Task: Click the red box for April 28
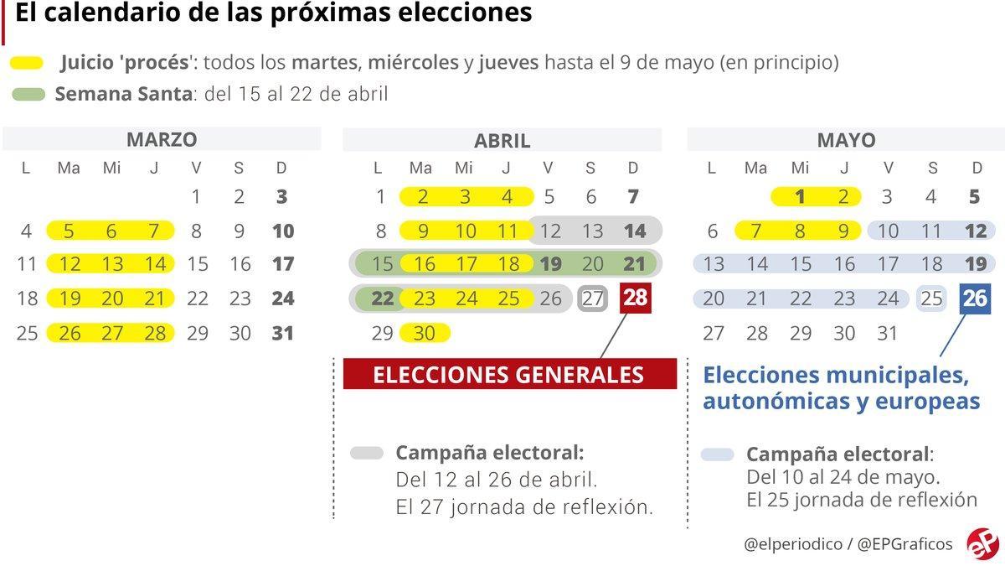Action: click(x=635, y=299)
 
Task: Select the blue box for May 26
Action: click(x=976, y=299)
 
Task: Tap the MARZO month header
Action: click(x=162, y=139)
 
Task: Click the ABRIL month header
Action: click(x=502, y=140)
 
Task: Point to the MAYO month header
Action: click(x=846, y=140)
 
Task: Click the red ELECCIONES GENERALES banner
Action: click(x=509, y=374)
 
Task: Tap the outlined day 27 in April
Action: click(x=592, y=299)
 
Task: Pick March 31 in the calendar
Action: click(x=283, y=333)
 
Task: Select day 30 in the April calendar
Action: click(x=425, y=333)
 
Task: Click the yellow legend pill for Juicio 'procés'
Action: click(x=28, y=63)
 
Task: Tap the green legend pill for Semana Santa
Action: click(x=28, y=93)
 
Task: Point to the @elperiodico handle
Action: click(x=793, y=543)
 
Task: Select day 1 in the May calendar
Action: click(x=800, y=197)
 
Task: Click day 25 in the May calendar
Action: click(x=931, y=299)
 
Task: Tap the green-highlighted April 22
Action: click(x=381, y=299)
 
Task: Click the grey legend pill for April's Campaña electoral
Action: click(x=367, y=454)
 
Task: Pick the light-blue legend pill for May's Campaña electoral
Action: click(x=717, y=454)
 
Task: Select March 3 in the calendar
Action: click(x=282, y=197)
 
